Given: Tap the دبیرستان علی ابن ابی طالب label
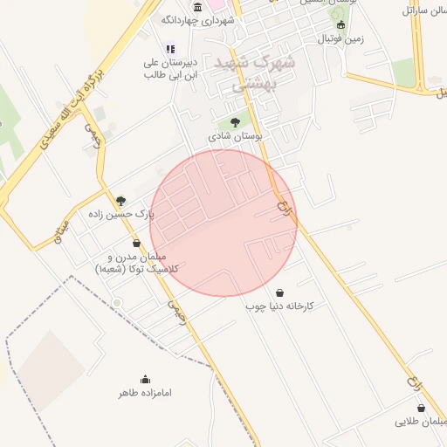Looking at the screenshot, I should (x=170, y=69).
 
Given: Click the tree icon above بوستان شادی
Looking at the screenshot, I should (x=234, y=122).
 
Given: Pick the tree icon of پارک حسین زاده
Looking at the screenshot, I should (x=120, y=200).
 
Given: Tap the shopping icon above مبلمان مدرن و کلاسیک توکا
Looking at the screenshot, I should (x=136, y=243).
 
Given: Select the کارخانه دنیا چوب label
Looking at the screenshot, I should (x=285, y=306).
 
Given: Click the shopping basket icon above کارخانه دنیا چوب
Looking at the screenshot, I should (x=279, y=292).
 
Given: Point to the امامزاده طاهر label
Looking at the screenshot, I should (x=146, y=393).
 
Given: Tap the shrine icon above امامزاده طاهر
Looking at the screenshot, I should (x=145, y=379).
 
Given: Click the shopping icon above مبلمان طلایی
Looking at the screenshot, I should (x=421, y=408).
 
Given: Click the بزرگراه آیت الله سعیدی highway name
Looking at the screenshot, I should (x=72, y=106).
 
